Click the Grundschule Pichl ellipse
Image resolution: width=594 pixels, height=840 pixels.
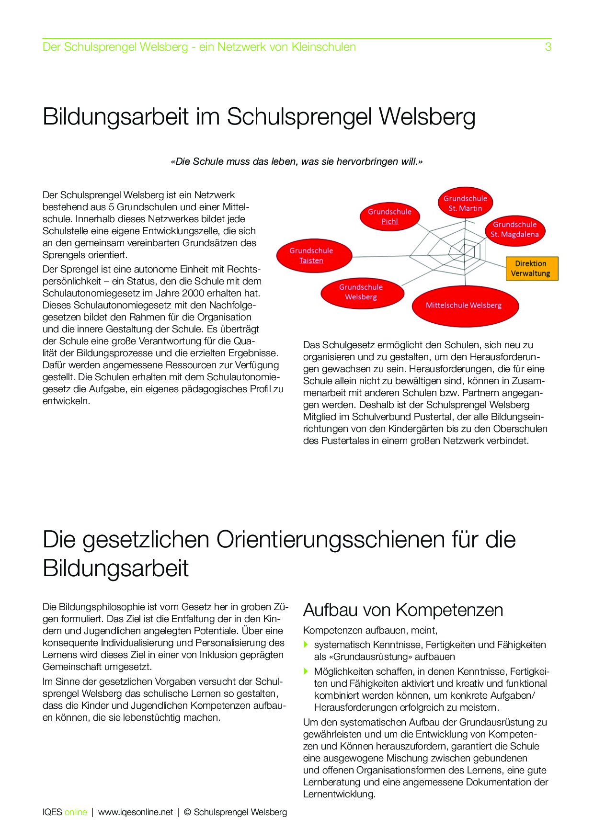(390, 216)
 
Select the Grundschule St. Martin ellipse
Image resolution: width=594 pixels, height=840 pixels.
(465, 203)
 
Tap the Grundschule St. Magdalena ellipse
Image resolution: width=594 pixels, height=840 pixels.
(514, 230)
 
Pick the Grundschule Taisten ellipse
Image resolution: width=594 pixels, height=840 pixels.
(314, 256)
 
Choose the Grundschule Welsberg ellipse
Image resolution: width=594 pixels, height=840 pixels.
(362, 292)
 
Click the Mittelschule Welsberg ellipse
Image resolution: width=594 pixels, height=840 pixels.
(465, 306)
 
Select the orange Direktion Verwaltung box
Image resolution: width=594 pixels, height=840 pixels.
(532, 269)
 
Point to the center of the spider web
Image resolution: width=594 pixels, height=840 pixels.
(464, 253)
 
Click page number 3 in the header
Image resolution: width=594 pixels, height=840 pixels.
(548, 47)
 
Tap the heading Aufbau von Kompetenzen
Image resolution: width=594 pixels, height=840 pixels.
(403, 610)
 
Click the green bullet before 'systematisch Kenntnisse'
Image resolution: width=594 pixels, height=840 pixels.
(307, 645)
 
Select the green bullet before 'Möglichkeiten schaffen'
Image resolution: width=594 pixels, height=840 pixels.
(307, 672)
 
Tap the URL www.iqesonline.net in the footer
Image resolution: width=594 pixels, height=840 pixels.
(135, 812)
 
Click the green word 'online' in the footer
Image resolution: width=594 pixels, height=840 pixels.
(76, 812)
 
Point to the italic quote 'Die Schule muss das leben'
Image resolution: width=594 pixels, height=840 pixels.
(297, 162)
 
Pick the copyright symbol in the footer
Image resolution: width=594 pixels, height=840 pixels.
(187, 812)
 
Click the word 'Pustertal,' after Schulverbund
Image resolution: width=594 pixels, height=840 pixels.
(434, 417)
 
